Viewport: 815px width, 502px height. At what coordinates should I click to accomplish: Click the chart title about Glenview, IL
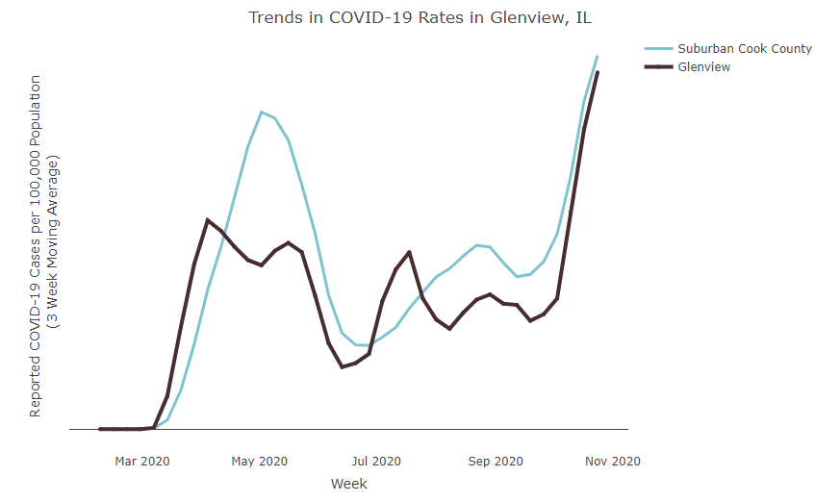click(x=420, y=17)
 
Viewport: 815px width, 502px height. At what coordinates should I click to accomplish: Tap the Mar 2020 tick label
click(x=142, y=461)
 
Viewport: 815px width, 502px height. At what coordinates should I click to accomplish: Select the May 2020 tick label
click(x=260, y=461)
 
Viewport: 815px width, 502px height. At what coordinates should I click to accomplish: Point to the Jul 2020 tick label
click(x=376, y=461)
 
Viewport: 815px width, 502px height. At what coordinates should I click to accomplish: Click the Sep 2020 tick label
click(x=496, y=461)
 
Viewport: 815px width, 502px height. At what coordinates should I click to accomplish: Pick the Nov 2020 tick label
click(x=613, y=461)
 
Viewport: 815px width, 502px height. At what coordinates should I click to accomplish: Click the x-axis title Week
click(x=349, y=484)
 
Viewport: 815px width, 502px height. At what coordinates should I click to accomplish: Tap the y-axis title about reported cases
click(x=43, y=246)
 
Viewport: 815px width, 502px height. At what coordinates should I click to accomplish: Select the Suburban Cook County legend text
click(x=745, y=48)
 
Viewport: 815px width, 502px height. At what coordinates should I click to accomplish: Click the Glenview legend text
click(x=703, y=67)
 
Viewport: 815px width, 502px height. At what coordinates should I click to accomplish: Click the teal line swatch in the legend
click(x=658, y=48)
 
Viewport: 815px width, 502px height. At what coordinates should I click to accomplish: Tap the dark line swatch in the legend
click(x=658, y=67)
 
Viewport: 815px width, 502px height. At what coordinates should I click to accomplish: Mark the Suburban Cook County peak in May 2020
click(x=262, y=112)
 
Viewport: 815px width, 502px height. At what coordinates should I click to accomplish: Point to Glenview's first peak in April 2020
click(x=208, y=220)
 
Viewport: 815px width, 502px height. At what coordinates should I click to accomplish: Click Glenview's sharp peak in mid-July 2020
click(x=410, y=252)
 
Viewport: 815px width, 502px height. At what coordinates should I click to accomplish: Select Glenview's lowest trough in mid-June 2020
click(x=342, y=367)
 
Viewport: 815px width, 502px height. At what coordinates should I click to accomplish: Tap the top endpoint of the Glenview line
click(x=598, y=72)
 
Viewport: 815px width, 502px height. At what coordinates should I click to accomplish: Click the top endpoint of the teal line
click(x=598, y=56)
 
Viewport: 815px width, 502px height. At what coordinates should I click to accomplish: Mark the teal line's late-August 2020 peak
click(x=476, y=245)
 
